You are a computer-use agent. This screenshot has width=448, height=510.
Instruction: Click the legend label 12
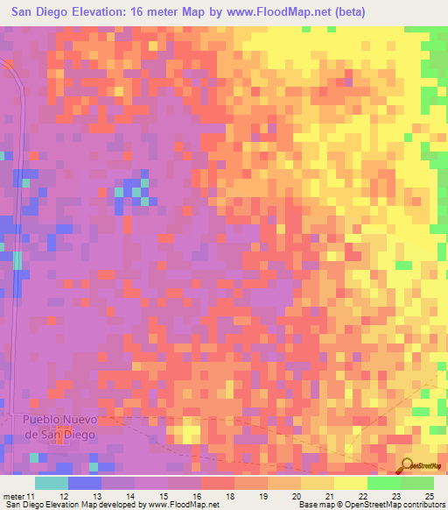(63, 495)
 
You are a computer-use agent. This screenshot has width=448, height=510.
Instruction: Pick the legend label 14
(129, 495)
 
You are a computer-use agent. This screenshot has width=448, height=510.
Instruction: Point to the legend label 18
(229, 495)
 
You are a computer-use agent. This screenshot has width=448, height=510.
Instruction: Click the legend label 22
(362, 495)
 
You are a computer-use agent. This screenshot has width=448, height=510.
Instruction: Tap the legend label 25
(429, 495)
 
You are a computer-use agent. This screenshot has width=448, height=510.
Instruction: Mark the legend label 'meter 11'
(19, 495)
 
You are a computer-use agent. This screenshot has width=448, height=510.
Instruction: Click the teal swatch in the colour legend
(51, 483)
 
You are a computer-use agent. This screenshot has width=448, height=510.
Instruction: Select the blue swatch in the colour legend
(84, 483)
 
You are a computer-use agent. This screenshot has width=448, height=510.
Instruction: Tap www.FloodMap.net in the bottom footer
(183, 505)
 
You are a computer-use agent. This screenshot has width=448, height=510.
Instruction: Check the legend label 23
(395, 495)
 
